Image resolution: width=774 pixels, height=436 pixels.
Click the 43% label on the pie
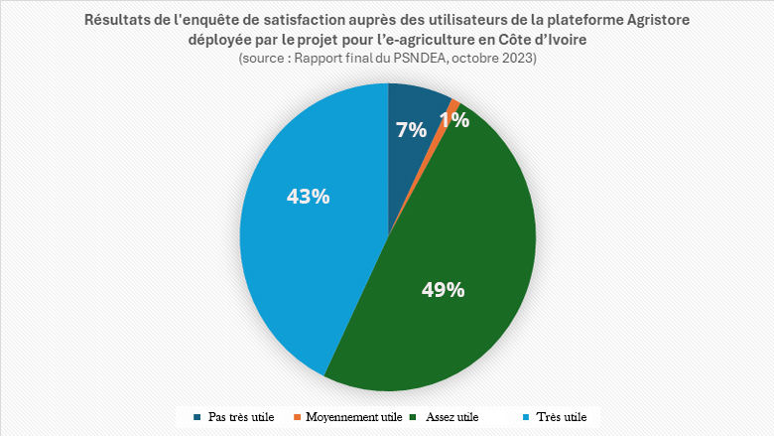(308, 196)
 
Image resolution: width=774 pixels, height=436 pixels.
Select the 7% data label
(411, 129)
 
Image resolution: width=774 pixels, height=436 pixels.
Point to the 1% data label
(454, 120)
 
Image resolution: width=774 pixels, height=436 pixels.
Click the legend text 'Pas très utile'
(241, 417)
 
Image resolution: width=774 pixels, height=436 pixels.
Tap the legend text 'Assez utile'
(451, 417)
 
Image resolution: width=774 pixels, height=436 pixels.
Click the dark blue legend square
(197, 417)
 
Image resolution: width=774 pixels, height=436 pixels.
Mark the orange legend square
(296, 417)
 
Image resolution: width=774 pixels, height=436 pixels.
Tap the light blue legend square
(525, 417)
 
